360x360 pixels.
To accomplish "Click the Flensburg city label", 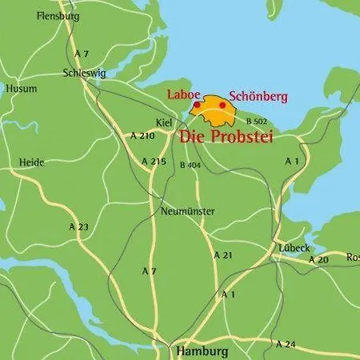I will [58, 14].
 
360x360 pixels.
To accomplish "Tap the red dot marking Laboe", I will [197, 105].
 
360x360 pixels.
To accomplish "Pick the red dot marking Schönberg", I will [222, 105].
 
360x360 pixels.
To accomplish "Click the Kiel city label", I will [164, 122].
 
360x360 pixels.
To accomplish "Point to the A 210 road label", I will [142, 136].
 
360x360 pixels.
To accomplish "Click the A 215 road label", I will [153, 162].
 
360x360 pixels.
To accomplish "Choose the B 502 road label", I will [257, 121].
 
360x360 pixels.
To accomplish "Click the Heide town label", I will [31, 162].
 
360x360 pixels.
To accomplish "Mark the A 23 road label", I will [78, 227].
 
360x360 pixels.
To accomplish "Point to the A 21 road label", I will [223, 254].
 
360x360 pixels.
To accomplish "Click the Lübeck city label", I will [294, 248].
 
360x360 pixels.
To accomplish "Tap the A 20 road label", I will [318, 260].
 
